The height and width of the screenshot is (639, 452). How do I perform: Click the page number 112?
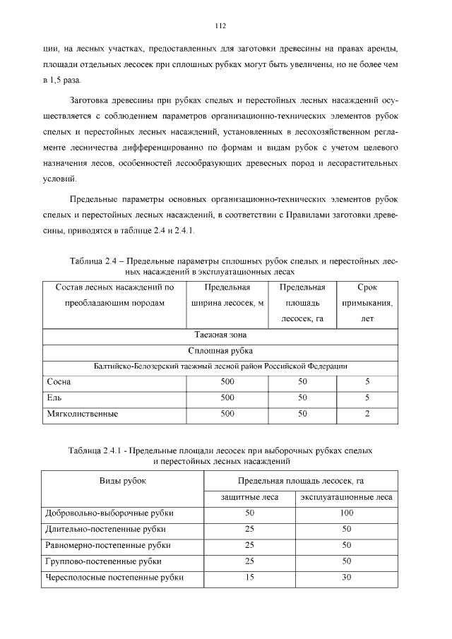coord(220,26)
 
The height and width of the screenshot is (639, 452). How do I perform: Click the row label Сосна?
coord(59,382)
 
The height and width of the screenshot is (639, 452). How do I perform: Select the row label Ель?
coord(54,398)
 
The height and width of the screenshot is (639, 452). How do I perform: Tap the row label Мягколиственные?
coord(82,414)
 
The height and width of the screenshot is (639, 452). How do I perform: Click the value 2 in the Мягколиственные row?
coord(367,414)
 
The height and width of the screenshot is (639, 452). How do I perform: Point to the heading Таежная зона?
coord(220,335)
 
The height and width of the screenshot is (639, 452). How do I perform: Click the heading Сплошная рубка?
coord(220,350)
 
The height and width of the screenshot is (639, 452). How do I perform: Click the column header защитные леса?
coord(249,497)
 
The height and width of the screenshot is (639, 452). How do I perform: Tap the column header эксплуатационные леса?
coord(346,497)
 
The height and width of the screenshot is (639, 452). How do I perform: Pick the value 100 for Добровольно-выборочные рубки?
coord(346,513)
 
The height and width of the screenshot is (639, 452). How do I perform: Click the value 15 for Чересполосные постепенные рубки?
coord(249,578)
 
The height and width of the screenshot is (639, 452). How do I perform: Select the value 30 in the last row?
coord(346,578)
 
